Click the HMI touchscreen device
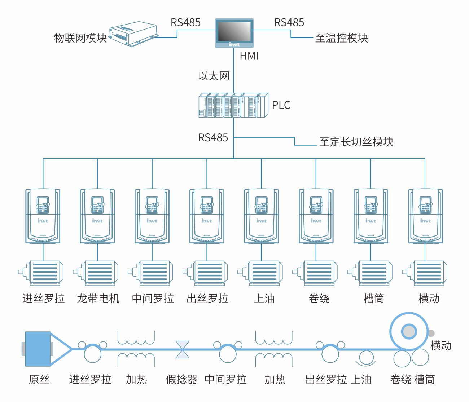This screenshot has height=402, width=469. point(234,33)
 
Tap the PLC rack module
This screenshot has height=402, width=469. point(233,105)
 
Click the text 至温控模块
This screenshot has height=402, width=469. point(341,38)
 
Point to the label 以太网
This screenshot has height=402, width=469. point(214,76)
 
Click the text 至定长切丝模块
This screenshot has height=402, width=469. point(356,142)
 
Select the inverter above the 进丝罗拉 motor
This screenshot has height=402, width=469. point(43,216)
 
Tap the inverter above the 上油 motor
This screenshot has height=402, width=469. point(261,216)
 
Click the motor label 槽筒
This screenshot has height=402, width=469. point(374,299)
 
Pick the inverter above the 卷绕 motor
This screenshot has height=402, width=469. point(316,216)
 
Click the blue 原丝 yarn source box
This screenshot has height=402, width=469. point(38,349)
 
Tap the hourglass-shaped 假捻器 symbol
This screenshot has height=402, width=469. point(183,349)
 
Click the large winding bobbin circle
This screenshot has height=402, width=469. point(409,331)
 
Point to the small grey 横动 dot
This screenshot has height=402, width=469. point(431,333)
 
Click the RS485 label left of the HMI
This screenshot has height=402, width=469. point(185,23)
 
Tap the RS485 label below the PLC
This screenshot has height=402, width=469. point(213,137)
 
